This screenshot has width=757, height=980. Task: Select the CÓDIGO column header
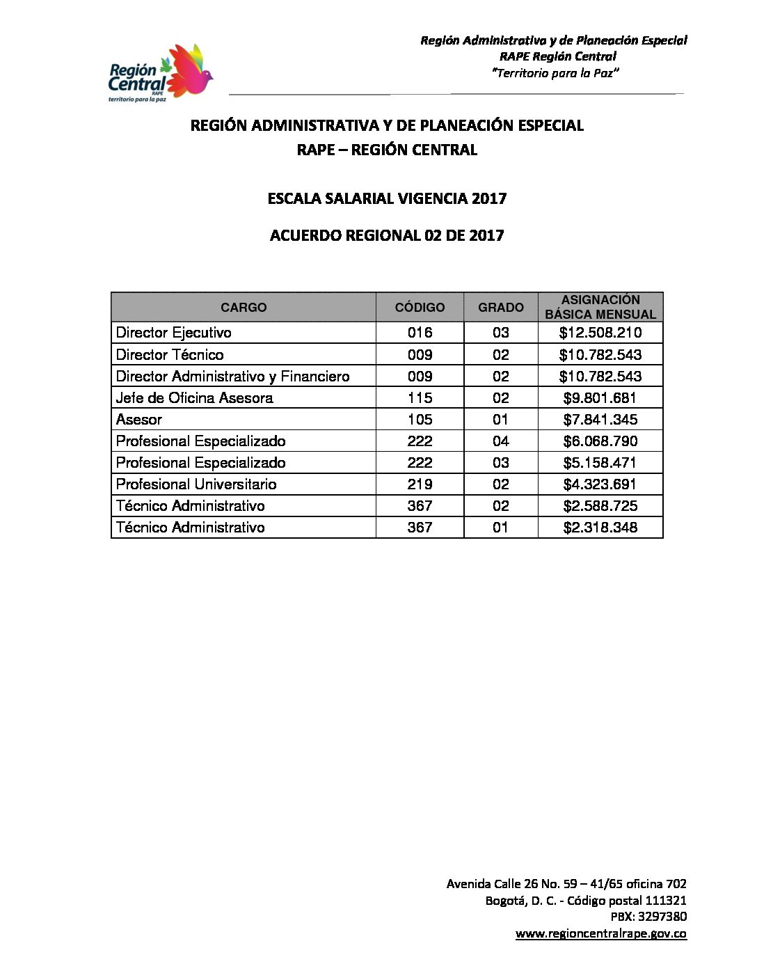click(x=420, y=307)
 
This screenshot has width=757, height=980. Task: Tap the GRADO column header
click(x=501, y=307)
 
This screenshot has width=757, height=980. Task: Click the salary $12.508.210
click(x=600, y=333)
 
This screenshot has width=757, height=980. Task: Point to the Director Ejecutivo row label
click(x=174, y=333)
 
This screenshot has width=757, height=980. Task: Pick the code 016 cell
click(x=420, y=333)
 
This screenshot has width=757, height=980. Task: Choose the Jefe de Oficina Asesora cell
click(x=195, y=398)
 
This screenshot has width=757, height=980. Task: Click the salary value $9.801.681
click(x=600, y=398)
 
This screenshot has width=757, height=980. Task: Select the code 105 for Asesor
click(x=420, y=420)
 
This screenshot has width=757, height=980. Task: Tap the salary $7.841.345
click(x=600, y=420)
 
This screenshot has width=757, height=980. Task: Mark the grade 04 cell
click(x=501, y=441)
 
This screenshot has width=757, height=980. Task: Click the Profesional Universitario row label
click(x=196, y=484)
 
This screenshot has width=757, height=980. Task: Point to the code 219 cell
click(x=420, y=484)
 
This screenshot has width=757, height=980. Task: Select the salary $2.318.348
click(x=600, y=528)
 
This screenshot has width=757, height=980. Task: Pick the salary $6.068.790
click(x=600, y=441)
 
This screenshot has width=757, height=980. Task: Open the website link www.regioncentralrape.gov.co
click(x=601, y=934)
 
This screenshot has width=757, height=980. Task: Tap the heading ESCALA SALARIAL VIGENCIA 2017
click(x=387, y=198)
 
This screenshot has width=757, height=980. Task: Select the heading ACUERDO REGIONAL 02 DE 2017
click(x=387, y=235)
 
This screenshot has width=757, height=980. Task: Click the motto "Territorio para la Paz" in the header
click(x=555, y=73)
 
